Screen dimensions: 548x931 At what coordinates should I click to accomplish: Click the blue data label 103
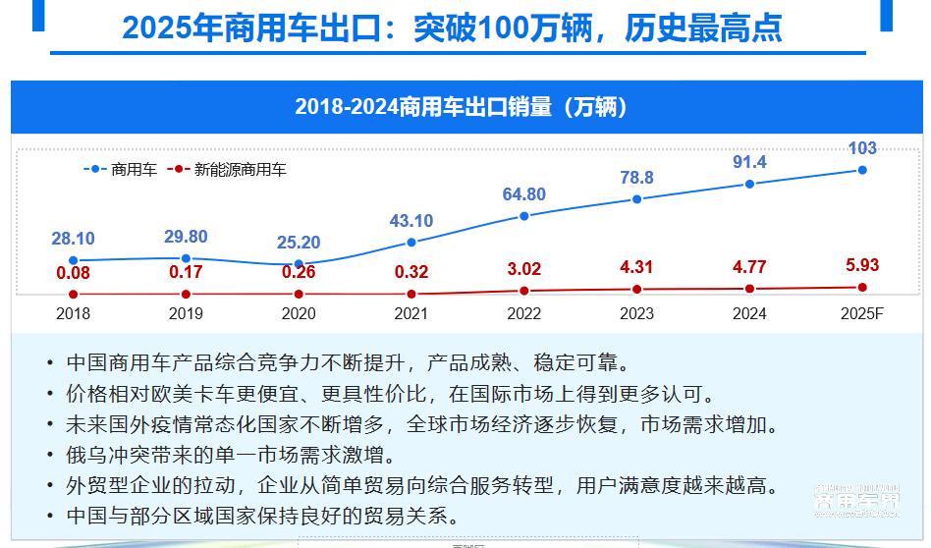tap(862, 149)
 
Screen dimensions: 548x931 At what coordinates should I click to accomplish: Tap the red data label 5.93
tap(862, 264)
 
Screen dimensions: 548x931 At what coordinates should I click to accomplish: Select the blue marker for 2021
tap(411, 242)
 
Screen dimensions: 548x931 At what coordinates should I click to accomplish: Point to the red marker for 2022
tap(524, 291)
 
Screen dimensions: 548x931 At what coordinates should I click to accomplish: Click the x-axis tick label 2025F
tap(862, 314)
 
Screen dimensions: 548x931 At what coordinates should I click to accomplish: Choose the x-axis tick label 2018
tap(74, 314)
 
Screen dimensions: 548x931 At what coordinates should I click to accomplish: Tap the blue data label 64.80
tap(524, 194)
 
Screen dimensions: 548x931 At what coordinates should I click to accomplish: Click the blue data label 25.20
tap(299, 243)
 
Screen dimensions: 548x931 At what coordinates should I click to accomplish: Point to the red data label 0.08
tap(74, 272)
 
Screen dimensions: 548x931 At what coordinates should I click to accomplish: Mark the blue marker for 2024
tap(749, 184)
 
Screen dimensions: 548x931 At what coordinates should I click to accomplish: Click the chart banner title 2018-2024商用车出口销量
tap(462, 107)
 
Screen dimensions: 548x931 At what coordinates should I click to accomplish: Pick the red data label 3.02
tap(524, 268)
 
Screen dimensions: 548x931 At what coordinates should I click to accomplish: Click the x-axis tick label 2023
tap(636, 314)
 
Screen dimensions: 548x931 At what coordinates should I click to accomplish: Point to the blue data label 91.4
tap(749, 162)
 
